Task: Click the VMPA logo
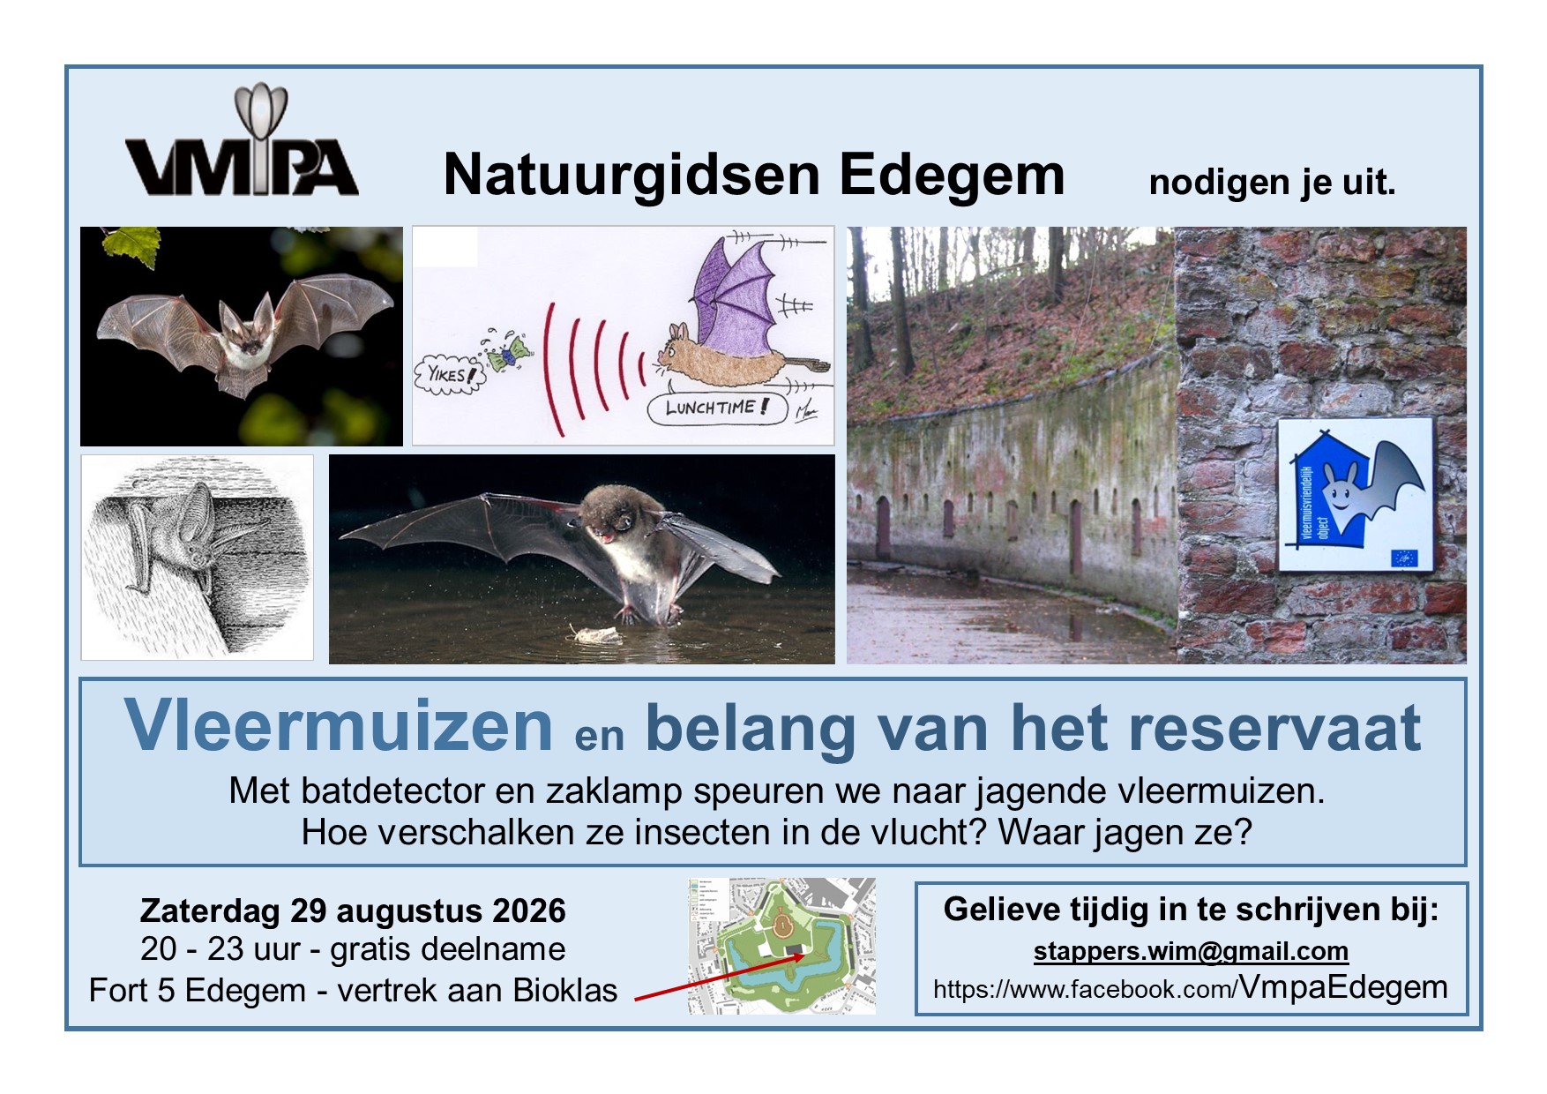241,146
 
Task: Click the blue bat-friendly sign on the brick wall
1355,494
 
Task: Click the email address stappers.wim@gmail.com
1191,951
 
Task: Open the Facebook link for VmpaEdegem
1190,988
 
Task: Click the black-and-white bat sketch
197,558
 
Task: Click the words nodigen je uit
1272,182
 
